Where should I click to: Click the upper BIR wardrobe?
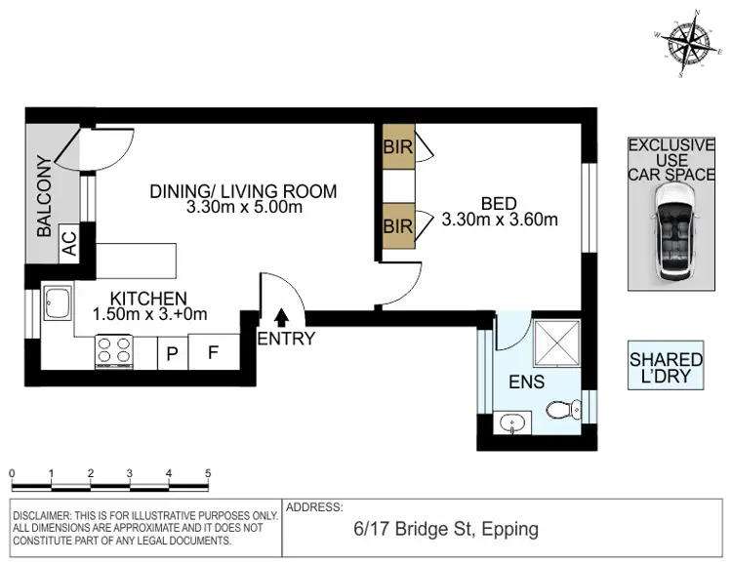coord(398,148)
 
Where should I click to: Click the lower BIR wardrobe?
coord(398,226)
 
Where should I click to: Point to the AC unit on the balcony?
coord(70,242)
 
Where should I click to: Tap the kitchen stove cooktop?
coord(114,349)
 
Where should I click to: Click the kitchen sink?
coord(56,304)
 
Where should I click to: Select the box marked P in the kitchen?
coord(172,353)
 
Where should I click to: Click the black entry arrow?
coord(282,317)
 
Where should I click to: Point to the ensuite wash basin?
coord(511,423)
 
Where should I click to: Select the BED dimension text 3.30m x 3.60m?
coord(500,221)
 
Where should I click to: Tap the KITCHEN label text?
coord(147,298)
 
